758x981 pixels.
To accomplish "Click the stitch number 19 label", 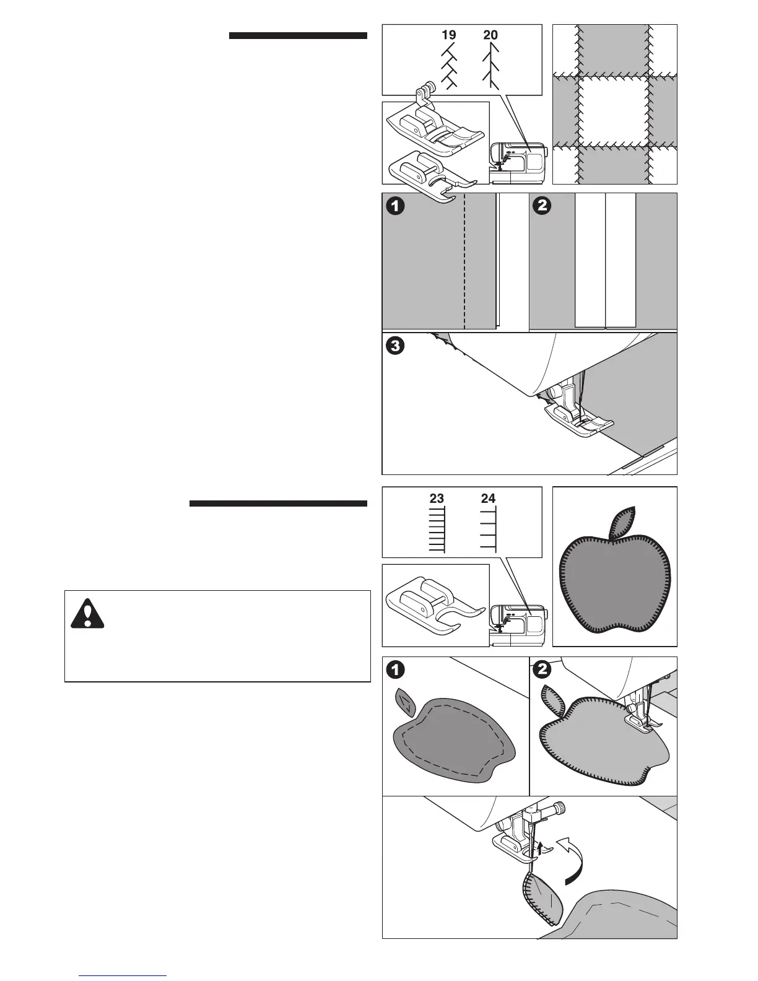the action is tap(449, 35).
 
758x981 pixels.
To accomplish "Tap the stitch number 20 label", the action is tap(490, 35).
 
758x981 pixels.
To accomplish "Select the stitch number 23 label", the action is tap(437, 498).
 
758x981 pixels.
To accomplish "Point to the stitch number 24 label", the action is tap(488, 498).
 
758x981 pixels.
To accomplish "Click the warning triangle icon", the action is tap(87, 613).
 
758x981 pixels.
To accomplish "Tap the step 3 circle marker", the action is tap(395, 346).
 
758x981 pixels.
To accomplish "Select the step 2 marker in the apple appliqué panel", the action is tap(542, 669).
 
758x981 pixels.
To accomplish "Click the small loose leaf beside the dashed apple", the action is tap(405, 700).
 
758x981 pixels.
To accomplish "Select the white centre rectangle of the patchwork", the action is tap(614, 111).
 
